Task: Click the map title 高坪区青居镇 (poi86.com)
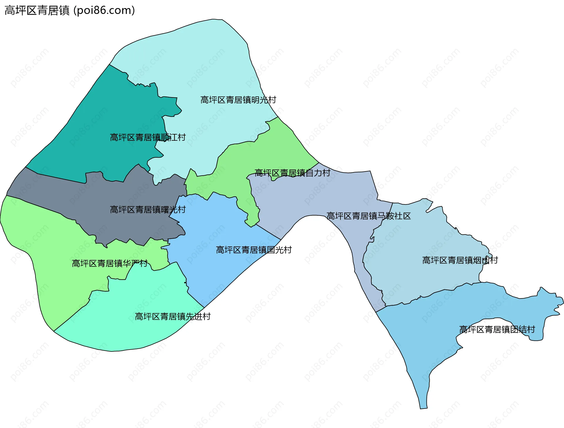click(x=70, y=10)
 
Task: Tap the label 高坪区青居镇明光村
click(x=238, y=100)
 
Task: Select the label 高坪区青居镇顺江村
click(x=147, y=137)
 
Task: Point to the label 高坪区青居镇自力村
click(x=292, y=173)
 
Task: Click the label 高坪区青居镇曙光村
click(x=147, y=209)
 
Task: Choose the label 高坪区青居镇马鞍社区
click(x=368, y=216)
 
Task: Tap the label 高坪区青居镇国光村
click(x=254, y=250)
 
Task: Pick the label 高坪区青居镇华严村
click(x=110, y=263)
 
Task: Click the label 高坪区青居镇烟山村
click(x=460, y=260)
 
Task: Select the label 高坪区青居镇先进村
click(x=172, y=316)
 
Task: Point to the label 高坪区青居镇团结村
click(x=497, y=329)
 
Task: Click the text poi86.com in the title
click(x=104, y=10)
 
